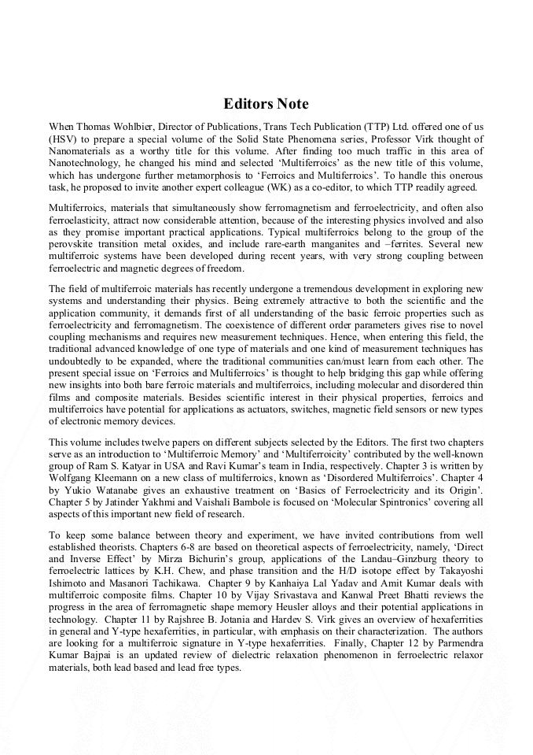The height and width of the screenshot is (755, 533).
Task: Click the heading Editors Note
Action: pos(266,104)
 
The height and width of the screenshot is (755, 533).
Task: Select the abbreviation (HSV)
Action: pos(64,138)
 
